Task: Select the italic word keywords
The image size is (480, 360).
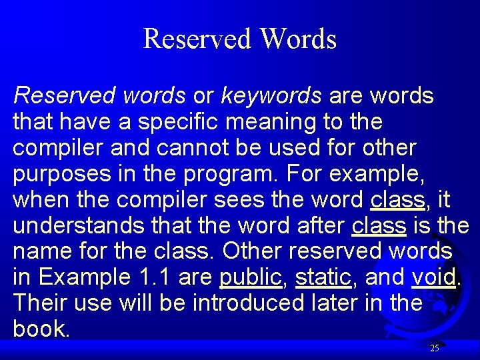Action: pyautogui.click(x=271, y=96)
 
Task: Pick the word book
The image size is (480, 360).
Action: pyautogui.click(x=40, y=329)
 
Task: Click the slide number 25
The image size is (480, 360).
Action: pyautogui.click(x=435, y=348)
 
